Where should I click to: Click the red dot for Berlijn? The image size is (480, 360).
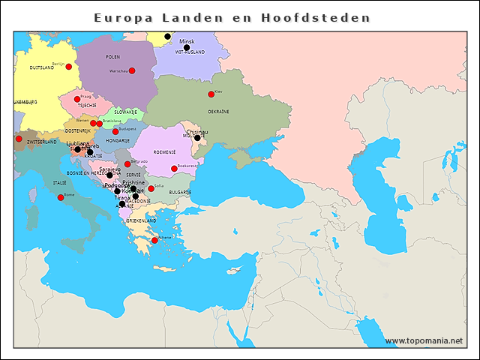coord(69,67)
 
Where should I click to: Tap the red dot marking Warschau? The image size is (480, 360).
coord(132,70)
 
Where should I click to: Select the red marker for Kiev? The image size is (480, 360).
coord(211,94)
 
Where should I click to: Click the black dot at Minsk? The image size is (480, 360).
coord(187,47)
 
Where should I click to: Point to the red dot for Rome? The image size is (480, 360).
coord(61,197)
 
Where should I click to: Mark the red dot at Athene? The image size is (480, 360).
coord(154,240)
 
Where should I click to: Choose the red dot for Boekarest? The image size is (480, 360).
coord(174,168)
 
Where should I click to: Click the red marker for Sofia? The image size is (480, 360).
coord(151,188)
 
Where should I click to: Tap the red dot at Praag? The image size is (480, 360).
coord(76,99)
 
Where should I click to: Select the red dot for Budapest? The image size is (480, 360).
coord(115,131)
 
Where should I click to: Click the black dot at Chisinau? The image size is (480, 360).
coord(197,137)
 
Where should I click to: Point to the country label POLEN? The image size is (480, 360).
coord(113,57)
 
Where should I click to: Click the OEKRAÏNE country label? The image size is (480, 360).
coord(218,111)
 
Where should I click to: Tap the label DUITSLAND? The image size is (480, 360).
coord(42,67)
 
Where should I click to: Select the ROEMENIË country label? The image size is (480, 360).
coord(164,151)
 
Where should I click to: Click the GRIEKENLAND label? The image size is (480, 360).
coord(141,220)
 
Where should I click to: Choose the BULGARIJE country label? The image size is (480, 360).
coord(179,192)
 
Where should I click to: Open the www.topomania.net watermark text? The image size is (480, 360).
coord(424,341)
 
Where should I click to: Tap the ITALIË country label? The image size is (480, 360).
coord(59,182)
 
